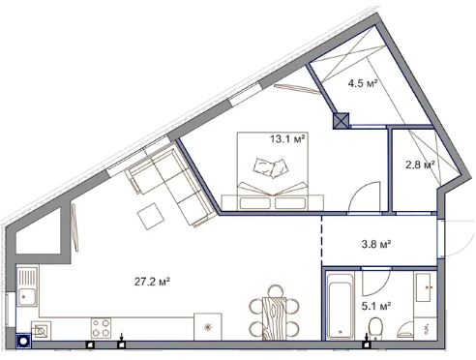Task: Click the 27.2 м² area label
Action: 152,282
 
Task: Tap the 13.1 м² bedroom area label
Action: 287,139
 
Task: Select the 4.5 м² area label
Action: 363,83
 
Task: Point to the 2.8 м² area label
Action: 420,165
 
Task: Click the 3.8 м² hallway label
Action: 376,244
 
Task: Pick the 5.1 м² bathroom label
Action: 376,306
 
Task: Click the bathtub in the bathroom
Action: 341,306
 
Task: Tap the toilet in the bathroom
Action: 375,328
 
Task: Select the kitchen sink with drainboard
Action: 27,287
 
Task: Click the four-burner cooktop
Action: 101,328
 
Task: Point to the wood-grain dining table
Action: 274,318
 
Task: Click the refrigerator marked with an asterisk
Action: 207,326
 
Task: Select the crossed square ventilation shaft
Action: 342,121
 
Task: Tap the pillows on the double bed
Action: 271,168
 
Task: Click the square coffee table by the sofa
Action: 151,216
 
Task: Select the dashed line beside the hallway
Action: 321,241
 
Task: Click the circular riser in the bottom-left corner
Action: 23,341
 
